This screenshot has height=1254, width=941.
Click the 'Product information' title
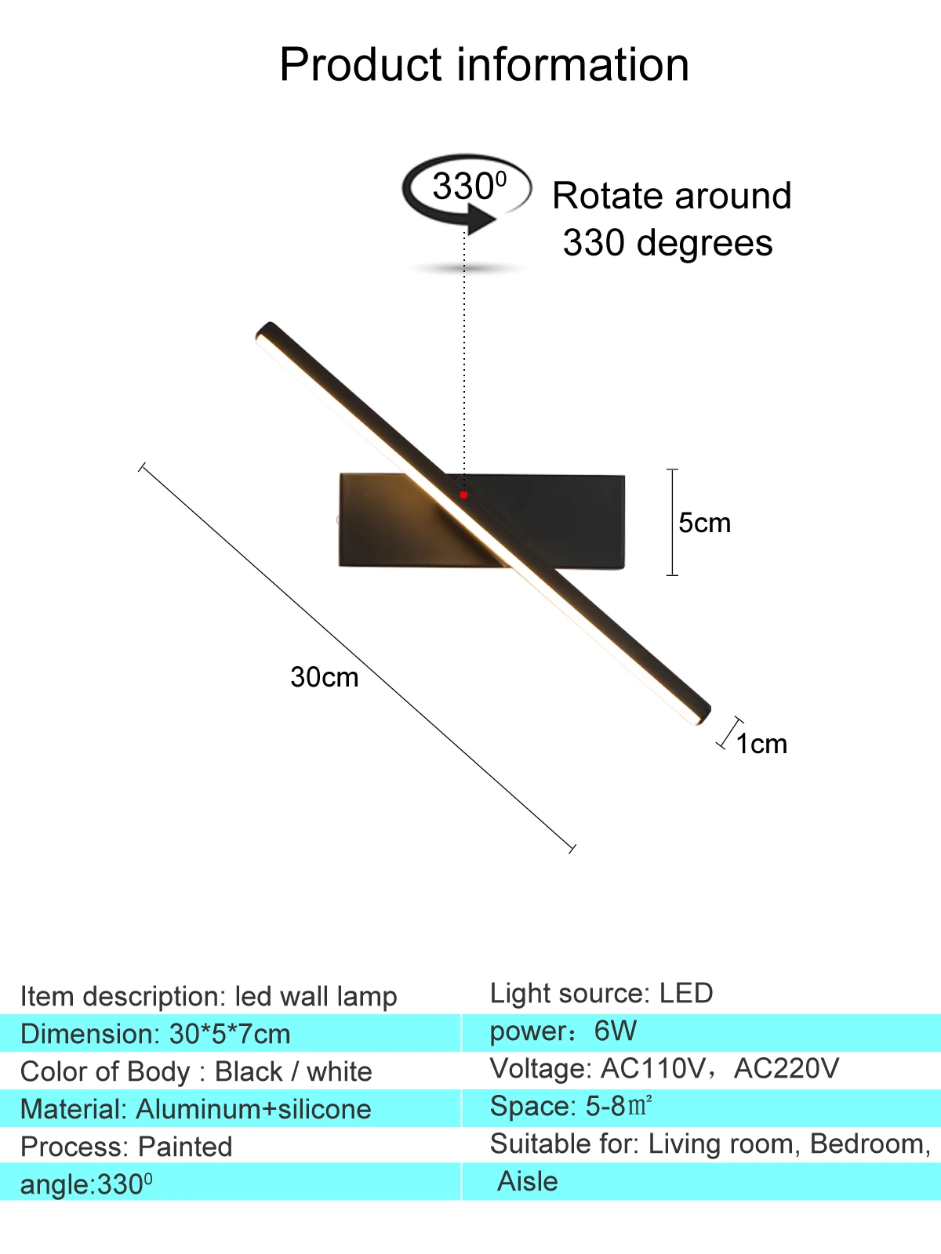(484, 64)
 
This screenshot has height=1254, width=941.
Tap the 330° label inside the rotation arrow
(469, 187)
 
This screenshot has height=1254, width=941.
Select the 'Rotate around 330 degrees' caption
(670, 219)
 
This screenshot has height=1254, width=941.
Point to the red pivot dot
(463, 495)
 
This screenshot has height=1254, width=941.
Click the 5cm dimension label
(704, 523)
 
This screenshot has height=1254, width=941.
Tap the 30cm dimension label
(324, 677)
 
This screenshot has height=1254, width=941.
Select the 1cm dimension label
(761, 744)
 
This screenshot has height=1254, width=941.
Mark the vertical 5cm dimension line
(672, 522)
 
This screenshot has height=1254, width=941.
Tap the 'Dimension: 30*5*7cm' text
(155, 1034)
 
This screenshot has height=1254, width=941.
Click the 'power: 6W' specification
(563, 1031)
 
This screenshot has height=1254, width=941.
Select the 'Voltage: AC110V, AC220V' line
(664, 1068)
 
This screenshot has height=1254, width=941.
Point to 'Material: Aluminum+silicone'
(196, 1109)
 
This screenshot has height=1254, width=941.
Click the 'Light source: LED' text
(601, 993)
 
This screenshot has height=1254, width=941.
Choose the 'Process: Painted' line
(126, 1147)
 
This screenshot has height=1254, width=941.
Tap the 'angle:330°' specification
(86, 1184)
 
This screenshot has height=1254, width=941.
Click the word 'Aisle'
(528, 1181)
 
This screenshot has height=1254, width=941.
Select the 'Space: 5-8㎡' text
(571, 1106)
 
